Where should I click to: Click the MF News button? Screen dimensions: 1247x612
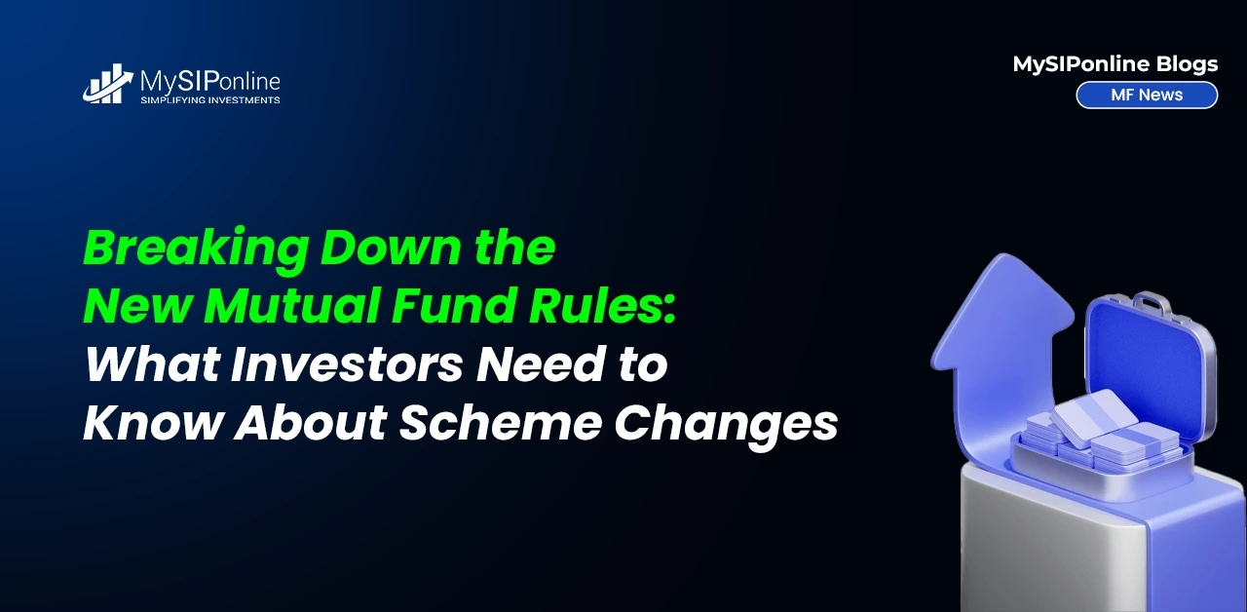[x=1147, y=95]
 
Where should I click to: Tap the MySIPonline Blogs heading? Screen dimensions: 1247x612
[x=1115, y=64]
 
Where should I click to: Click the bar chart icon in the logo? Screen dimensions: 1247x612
[x=108, y=84]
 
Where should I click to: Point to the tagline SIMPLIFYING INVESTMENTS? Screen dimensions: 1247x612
[x=209, y=100]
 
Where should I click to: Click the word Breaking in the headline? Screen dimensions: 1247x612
[x=197, y=249]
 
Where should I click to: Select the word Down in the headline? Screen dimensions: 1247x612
[x=391, y=247]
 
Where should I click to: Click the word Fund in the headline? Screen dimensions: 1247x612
[x=454, y=305]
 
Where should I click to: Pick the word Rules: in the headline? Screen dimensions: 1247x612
[x=602, y=305]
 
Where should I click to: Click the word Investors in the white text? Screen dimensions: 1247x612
[x=346, y=364]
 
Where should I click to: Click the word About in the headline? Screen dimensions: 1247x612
[x=311, y=423]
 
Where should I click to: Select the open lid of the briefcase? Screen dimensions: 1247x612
[x=1149, y=367]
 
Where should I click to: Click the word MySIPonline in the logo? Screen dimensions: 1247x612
[x=209, y=83]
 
